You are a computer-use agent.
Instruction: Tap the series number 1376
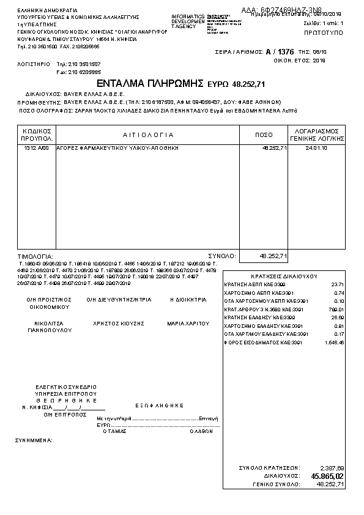point(287,53)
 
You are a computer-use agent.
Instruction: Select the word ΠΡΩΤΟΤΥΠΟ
point(324,29)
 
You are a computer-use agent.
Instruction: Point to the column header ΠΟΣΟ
point(264,135)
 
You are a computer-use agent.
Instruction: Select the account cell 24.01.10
point(316,149)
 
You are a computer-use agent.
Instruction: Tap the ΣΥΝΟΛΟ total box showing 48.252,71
point(264,256)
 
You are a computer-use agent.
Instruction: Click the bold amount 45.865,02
point(327,476)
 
